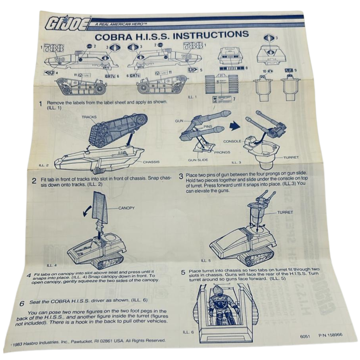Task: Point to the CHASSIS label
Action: click(x=151, y=162)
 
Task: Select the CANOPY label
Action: click(x=126, y=208)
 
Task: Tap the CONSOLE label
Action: click(x=232, y=141)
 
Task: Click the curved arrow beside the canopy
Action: click(x=87, y=210)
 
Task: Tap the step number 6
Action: click(x=22, y=304)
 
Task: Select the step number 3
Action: click(x=181, y=176)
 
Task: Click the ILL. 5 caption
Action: click(x=206, y=260)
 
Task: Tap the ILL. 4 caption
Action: click(x=52, y=265)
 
